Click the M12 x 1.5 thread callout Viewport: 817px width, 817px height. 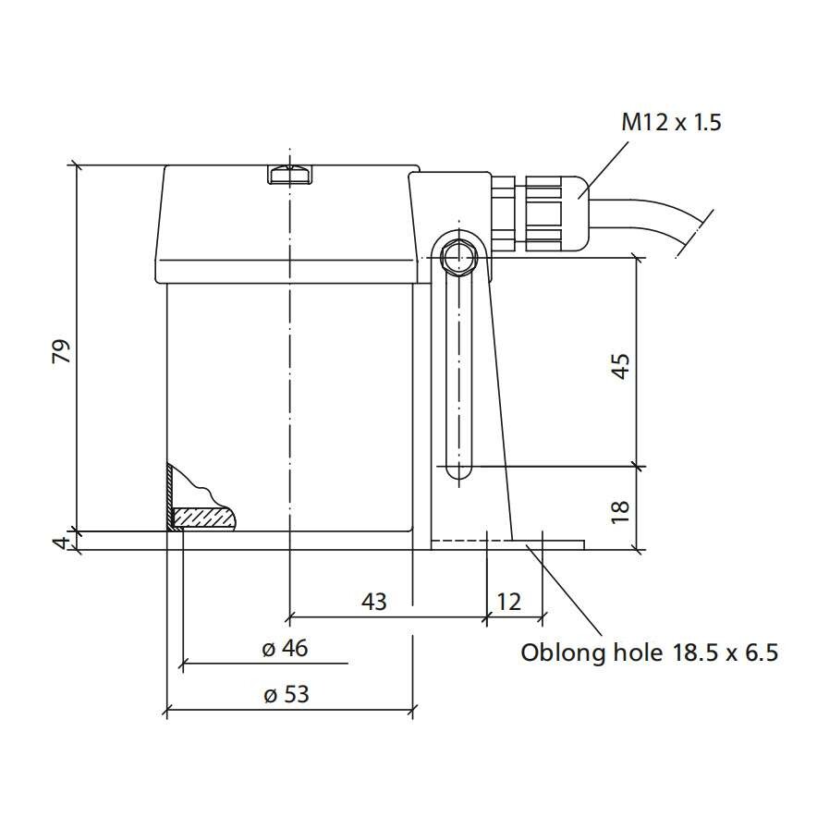tap(671, 122)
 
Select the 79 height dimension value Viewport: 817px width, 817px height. tap(61, 352)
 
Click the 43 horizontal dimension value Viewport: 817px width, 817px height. tap(374, 602)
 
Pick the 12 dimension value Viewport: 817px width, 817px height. tap(508, 602)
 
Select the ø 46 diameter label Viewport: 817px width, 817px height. tap(285, 648)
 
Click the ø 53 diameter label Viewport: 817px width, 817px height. tap(287, 695)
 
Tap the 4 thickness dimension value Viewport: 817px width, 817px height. tap(62, 542)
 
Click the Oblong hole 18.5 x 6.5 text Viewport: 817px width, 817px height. tap(649, 652)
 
